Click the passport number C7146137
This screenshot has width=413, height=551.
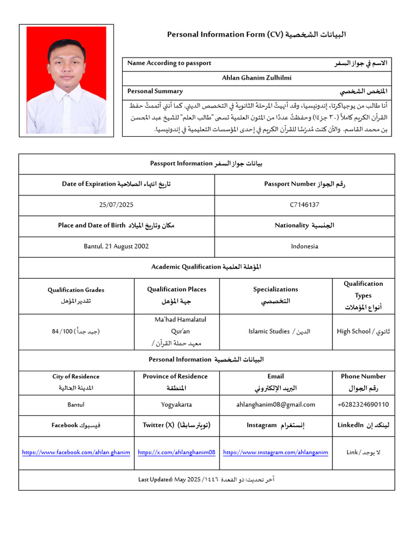pyautogui.click(x=304, y=205)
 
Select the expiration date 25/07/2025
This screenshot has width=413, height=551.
pyautogui.click(x=116, y=205)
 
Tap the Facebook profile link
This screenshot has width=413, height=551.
pyautogui.click(x=76, y=453)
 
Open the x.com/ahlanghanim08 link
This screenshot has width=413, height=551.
pyautogui.click(x=176, y=453)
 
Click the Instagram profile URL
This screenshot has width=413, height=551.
pyautogui.click(x=275, y=453)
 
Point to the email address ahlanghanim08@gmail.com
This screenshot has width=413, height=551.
pyautogui.click(x=275, y=405)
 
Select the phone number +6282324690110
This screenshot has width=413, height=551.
pyautogui.click(x=363, y=405)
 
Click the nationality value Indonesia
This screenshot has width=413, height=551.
pyautogui.click(x=304, y=246)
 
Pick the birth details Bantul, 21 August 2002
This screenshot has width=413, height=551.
pyautogui.click(x=116, y=246)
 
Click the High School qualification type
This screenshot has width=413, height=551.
pyautogui.click(x=363, y=331)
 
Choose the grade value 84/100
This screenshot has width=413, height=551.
pyautogui.click(x=76, y=331)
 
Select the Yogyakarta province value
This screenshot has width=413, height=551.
pyautogui.click(x=176, y=405)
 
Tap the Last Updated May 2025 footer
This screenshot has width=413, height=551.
pyautogui.click(x=206, y=479)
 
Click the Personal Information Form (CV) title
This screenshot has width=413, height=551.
pyautogui.click(x=257, y=35)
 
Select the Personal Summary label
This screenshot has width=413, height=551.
pyautogui.click(x=155, y=91)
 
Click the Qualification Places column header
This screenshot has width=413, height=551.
pyautogui.click(x=176, y=295)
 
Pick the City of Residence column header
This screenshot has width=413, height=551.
pyautogui.click(x=76, y=382)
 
